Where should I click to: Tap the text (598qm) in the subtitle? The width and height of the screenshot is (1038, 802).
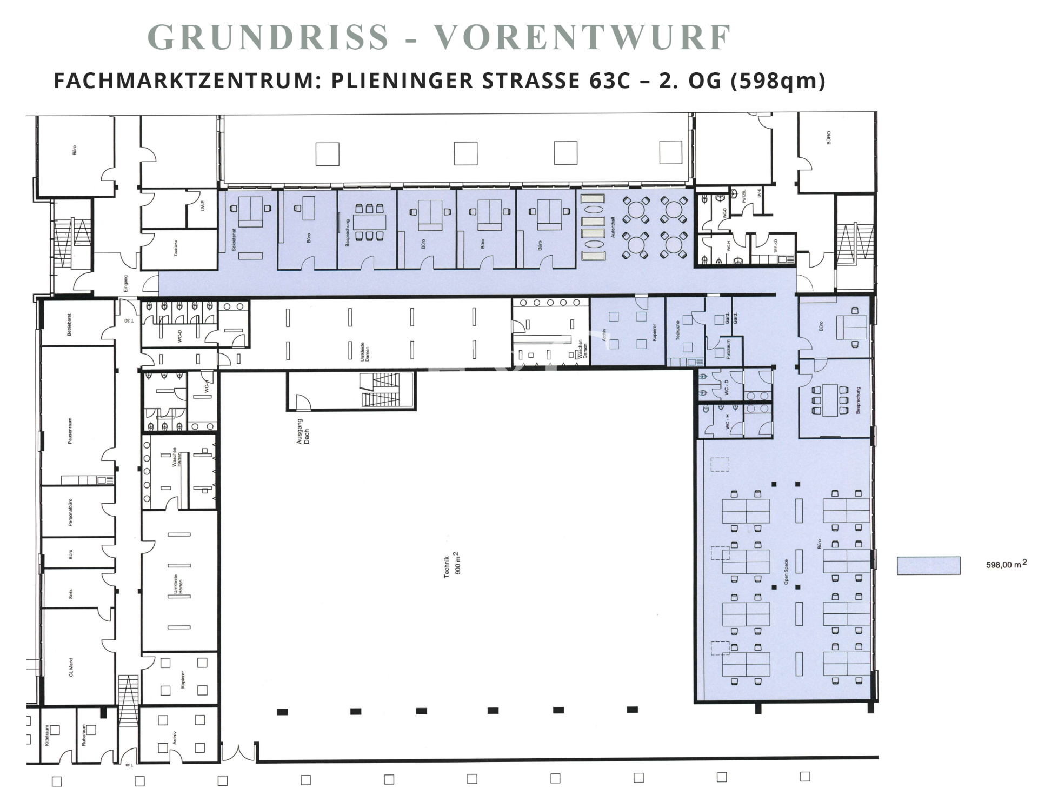click(x=777, y=81)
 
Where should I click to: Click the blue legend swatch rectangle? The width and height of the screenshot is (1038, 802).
click(x=928, y=565)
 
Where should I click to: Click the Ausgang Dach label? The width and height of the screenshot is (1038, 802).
click(x=303, y=431)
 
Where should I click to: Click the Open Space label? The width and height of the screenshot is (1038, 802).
click(x=786, y=572)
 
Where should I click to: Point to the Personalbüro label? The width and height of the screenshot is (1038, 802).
click(x=70, y=512)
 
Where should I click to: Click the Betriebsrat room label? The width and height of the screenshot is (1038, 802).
click(x=69, y=325)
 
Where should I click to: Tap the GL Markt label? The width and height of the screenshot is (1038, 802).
click(x=71, y=666)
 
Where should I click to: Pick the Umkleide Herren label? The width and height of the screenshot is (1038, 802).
click(x=178, y=583)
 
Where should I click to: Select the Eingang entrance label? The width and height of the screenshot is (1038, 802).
click(x=126, y=283)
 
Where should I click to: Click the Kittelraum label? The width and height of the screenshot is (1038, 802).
click(x=47, y=736)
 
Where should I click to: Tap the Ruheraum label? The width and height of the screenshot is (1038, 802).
click(x=84, y=736)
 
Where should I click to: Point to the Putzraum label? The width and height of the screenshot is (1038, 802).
click(x=729, y=349)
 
